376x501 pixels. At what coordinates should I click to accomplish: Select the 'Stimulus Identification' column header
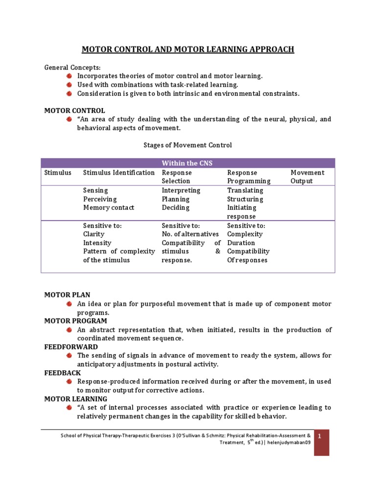pyautogui.click(x=119, y=173)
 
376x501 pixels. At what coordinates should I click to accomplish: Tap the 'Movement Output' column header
pyautogui.click(x=307, y=177)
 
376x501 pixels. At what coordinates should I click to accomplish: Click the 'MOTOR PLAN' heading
pyautogui.click(x=64, y=295)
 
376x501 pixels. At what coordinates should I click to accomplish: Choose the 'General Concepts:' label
pyautogui.click(x=72, y=67)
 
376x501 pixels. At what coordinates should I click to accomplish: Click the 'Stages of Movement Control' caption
pyautogui.click(x=188, y=145)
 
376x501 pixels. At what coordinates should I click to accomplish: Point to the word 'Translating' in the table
pyautogui.click(x=245, y=190)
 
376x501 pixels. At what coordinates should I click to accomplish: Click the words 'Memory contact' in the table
pyautogui.click(x=109, y=207)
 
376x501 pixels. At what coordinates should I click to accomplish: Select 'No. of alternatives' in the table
pyautogui.click(x=190, y=234)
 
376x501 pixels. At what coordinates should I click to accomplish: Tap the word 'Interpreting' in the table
pyautogui.click(x=181, y=190)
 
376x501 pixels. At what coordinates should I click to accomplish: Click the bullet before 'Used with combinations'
pyautogui.click(x=69, y=85)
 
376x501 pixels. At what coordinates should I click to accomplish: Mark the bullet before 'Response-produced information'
pyautogui.click(x=69, y=381)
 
